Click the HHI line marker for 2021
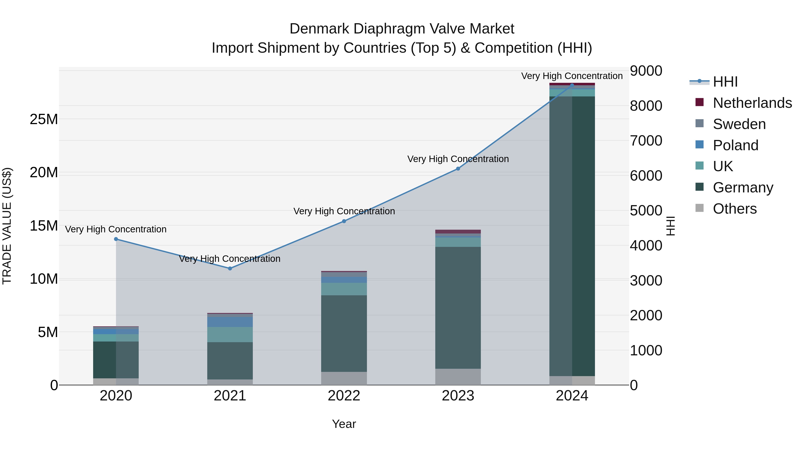230,268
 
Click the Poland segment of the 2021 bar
230,322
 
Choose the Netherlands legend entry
752,103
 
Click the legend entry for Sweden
739,124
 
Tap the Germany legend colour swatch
699,187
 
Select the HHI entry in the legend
725,82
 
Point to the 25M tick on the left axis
44,119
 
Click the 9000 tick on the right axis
645,71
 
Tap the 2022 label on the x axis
344,396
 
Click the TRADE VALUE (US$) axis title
7,226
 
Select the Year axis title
344,424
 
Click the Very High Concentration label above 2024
572,76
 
